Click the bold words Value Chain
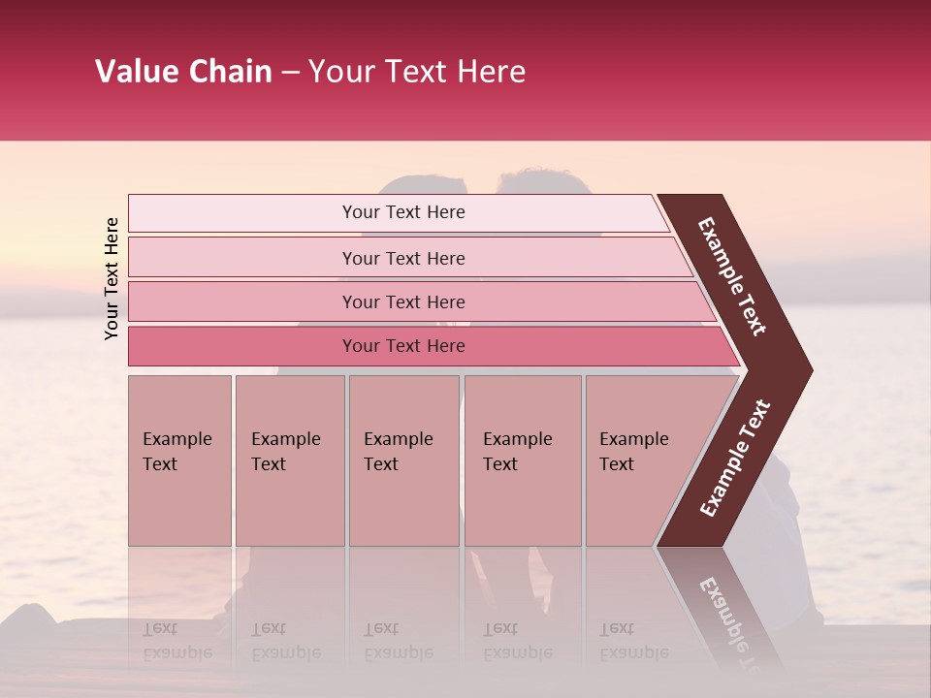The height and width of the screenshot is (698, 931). (183, 72)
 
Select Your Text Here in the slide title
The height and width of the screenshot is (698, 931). (417, 72)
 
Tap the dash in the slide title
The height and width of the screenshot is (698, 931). (290, 73)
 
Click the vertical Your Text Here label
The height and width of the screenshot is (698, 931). (112, 278)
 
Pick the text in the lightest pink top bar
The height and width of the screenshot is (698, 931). (403, 212)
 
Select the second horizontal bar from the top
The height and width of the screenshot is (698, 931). (403, 258)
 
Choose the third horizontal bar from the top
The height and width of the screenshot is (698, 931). (403, 302)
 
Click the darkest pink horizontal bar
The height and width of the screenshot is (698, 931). (403, 346)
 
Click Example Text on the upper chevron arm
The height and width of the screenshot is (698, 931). (732, 276)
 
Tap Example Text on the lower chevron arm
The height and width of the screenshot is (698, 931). (735, 459)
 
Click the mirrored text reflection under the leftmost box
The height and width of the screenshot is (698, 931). (177, 641)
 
